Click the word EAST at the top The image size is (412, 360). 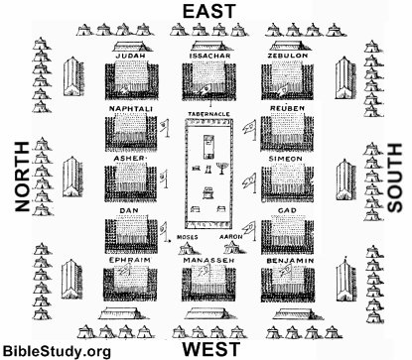[208, 12]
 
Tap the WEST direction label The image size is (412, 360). [211, 349]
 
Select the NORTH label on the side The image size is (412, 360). [23, 177]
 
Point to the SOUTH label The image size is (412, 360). [394, 178]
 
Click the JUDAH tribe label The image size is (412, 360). [131, 56]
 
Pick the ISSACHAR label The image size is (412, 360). [209, 56]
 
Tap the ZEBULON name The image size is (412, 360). [288, 56]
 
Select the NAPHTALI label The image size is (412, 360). [131, 109]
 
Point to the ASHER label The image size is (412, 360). [129, 159]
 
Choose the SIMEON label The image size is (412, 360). [286, 159]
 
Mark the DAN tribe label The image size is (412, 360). [129, 210]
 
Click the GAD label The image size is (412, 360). [287, 210]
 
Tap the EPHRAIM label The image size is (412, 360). [130, 261]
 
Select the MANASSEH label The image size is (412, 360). [208, 261]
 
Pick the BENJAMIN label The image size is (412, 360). [290, 261]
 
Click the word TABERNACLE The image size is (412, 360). [208, 114]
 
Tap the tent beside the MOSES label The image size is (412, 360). [187, 249]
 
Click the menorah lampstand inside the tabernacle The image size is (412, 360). [220, 168]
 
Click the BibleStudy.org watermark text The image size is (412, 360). [57, 351]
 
